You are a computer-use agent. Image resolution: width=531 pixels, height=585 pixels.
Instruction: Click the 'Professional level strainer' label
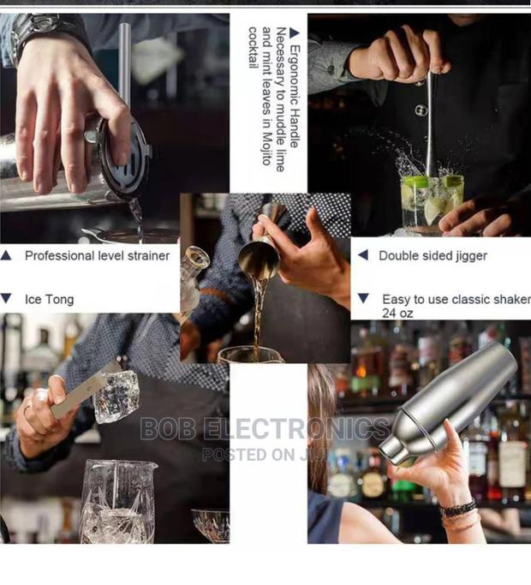97,255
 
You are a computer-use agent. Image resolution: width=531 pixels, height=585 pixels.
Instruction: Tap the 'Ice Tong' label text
49,299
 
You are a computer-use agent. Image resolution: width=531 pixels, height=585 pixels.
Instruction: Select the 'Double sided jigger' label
433,255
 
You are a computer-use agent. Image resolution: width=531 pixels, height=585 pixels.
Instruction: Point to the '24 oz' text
397,313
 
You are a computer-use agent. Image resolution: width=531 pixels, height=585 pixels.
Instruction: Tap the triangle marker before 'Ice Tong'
7,299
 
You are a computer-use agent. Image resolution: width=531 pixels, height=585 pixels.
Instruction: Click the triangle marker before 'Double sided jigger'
362,255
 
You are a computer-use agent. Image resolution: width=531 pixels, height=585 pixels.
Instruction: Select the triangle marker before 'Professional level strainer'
7,255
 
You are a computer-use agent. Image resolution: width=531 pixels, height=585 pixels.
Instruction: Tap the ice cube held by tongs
116,397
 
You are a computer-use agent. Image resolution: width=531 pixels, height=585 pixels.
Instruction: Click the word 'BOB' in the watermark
166,429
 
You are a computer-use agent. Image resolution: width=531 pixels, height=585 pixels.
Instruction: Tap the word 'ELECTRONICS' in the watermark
296,429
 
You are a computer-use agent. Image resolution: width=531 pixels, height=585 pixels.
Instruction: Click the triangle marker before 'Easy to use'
363,299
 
